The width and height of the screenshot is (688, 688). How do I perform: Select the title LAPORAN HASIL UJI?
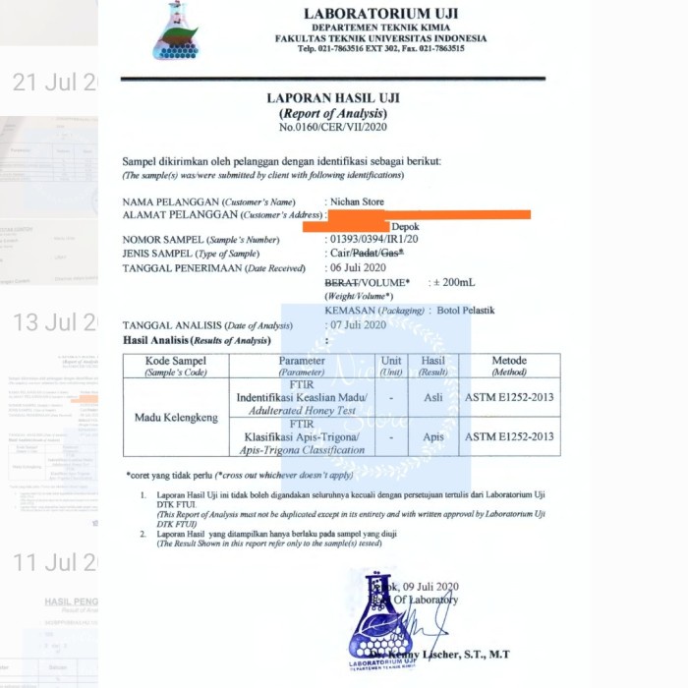pyautogui.click(x=333, y=98)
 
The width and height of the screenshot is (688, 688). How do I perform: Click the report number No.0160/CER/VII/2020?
pyautogui.click(x=333, y=128)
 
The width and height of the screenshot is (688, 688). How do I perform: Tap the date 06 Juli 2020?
pyautogui.click(x=358, y=267)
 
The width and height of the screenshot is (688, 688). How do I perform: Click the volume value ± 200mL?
pyautogui.click(x=453, y=282)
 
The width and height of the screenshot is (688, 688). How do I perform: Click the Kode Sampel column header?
pyautogui.click(x=176, y=366)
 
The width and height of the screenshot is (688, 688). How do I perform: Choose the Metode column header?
pyautogui.click(x=510, y=366)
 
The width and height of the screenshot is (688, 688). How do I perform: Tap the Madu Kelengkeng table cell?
pyautogui.click(x=176, y=418)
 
